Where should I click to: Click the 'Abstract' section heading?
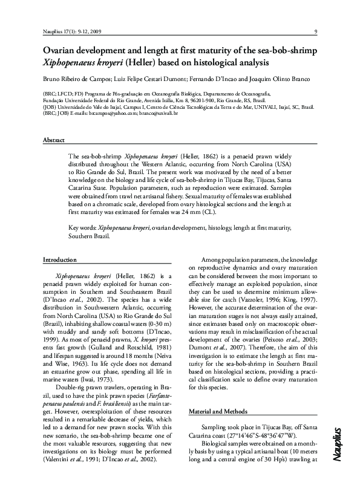click(53, 140)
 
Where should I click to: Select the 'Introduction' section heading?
click(59, 259)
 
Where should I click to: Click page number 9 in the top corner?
click(316, 31)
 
